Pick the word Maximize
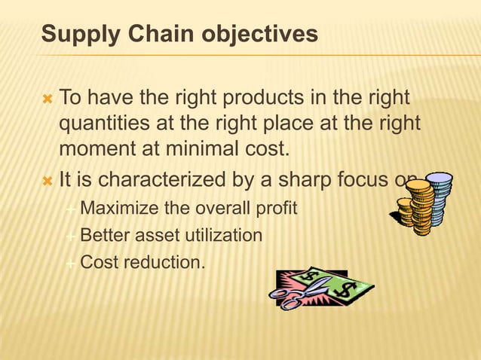[x=117, y=208]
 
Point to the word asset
[x=155, y=236]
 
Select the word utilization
[x=224, y=236]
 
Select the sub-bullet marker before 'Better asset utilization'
[x=70, y=236]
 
